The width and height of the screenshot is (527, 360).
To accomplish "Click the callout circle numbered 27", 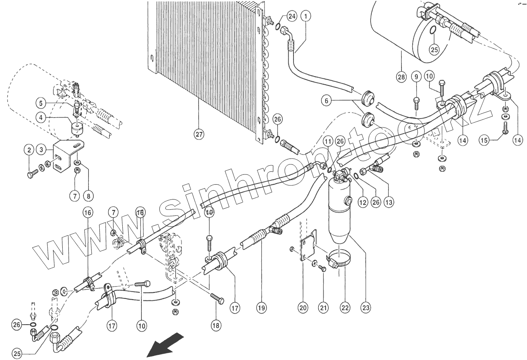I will coord(199,134).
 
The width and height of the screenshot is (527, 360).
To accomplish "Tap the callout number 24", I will coord(292,16).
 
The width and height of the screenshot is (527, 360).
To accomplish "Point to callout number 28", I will coord(401,77).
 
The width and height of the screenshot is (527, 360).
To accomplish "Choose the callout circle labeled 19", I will coord(261,308).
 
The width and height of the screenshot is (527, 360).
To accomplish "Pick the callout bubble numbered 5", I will coord(41,103).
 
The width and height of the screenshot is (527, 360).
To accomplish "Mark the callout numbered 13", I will coord(389,202).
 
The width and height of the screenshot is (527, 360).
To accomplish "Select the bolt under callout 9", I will coord(416,101).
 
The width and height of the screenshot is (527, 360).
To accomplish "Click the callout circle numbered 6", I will coord(327,101).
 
